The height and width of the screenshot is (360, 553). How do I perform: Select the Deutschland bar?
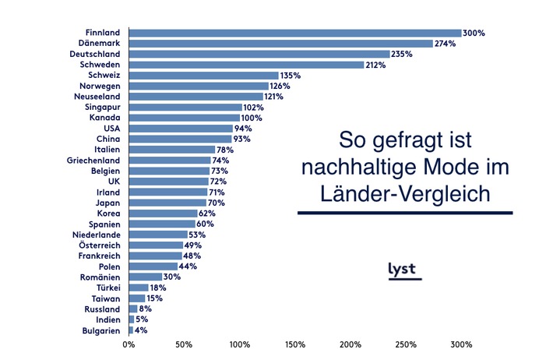[259, 55]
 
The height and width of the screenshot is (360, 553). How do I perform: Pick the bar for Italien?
[171, 150]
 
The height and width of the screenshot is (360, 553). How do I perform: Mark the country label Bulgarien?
[100, 330]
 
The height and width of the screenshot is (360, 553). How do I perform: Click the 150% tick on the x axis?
[295, 344]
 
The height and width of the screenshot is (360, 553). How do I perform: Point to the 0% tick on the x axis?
[129, 344]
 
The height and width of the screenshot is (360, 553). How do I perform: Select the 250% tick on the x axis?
[406, 344]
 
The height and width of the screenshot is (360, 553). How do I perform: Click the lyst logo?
[403, 270]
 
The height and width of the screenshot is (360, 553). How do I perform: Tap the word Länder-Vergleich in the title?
[405, 194]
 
